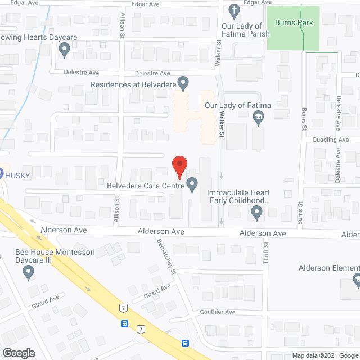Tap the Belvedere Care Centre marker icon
coord(192,184)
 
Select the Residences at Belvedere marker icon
coord(183,83)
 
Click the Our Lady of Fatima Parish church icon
coord(235,10)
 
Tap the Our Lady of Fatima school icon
coord(258,117)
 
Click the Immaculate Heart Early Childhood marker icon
coord(257,213)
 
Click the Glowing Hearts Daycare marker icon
coord(65,50)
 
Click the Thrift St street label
coord(267,250)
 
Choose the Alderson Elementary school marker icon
coord(356,279)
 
